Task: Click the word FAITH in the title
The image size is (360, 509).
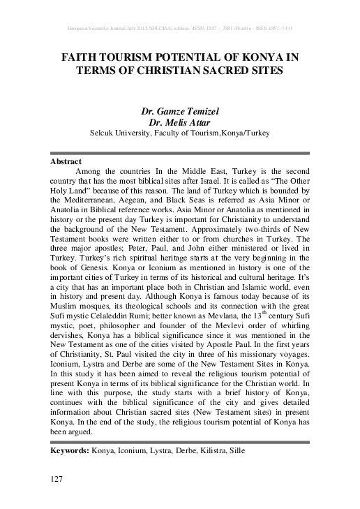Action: point(76,57)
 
